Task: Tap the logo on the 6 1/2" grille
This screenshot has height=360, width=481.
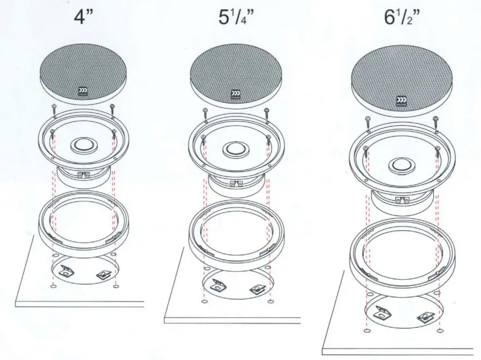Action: tap(401, 101)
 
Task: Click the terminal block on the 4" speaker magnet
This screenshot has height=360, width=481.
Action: tap(83, 175)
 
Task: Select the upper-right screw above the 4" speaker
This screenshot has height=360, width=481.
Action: tap(112, 107)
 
